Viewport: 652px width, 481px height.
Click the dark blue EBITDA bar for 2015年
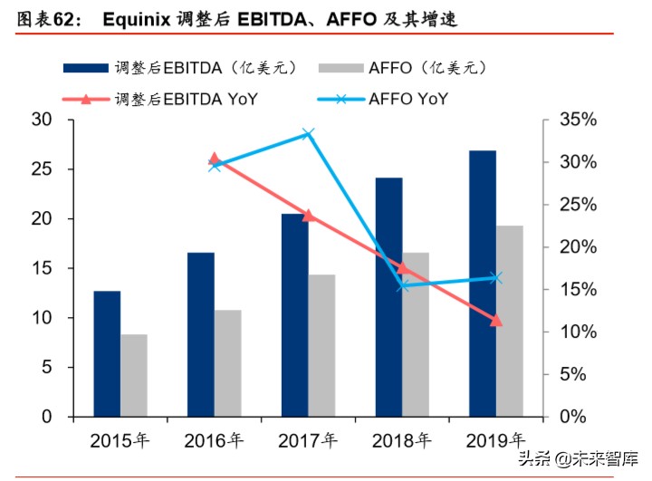(107, 353)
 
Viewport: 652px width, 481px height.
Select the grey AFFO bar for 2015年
(134, 375)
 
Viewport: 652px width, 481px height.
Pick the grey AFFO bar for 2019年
(510, 321)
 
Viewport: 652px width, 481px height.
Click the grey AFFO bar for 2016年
(228, 363)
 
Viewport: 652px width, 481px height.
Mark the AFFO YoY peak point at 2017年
(308, 134)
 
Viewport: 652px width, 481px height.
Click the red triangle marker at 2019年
(495, 321)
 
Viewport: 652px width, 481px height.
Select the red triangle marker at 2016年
(215, 159)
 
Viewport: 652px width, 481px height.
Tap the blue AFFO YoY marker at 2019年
(495, 277)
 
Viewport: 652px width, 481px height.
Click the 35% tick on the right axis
(576, 120)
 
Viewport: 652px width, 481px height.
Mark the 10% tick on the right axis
(576, 332)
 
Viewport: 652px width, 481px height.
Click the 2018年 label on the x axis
(401, 441)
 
